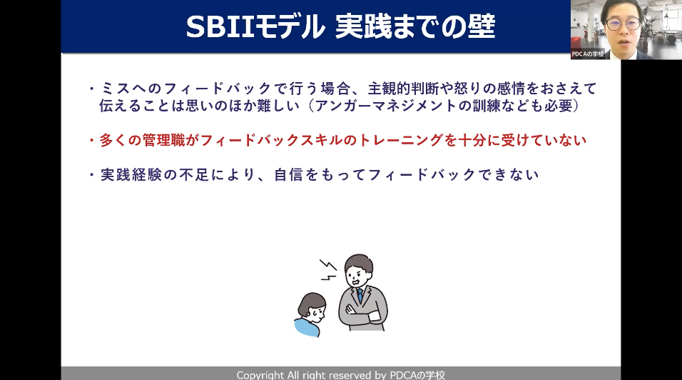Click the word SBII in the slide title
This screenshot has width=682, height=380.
220,27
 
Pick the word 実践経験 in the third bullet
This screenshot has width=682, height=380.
131,174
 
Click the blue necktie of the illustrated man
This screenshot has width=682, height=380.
360,296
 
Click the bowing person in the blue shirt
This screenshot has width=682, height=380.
310,314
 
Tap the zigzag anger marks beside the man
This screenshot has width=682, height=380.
328,270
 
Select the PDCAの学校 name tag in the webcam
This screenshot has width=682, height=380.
588,54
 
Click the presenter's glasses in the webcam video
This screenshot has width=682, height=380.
624,24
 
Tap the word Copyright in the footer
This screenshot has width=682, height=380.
260,375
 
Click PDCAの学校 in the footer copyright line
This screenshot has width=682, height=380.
417,375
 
